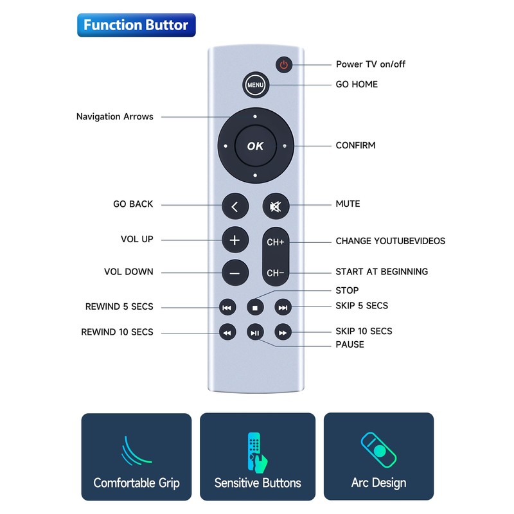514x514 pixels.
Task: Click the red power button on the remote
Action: (x=285, y=64)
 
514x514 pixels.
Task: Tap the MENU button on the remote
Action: (x=255, y=85)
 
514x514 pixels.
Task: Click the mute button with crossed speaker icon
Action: (x=276, y=207)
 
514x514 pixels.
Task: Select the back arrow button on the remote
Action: (x=235, y=207)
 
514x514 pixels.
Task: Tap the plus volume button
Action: (x=235, y=240)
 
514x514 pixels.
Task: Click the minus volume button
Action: (x=235, y=273)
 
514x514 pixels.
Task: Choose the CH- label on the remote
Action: (x=276, y=273)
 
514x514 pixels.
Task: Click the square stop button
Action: (x=254, y=308)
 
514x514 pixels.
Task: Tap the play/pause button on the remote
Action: (x=255, y=332)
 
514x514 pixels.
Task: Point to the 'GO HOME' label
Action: (x=357, y=84)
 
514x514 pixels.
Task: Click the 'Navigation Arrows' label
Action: (x=115, y=116)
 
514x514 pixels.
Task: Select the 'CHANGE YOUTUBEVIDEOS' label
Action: (x=390, y=241)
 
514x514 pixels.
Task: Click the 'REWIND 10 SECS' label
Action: (x=117, y=332)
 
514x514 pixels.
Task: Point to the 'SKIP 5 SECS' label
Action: (x=362, y=305)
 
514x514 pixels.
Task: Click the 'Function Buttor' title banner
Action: (x=136, y=25)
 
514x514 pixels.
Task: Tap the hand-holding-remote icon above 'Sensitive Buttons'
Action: (x=257, y=450)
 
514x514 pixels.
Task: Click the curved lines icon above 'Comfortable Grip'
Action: (x=136, y=450)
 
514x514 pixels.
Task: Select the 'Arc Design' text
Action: (x=378, y=483)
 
